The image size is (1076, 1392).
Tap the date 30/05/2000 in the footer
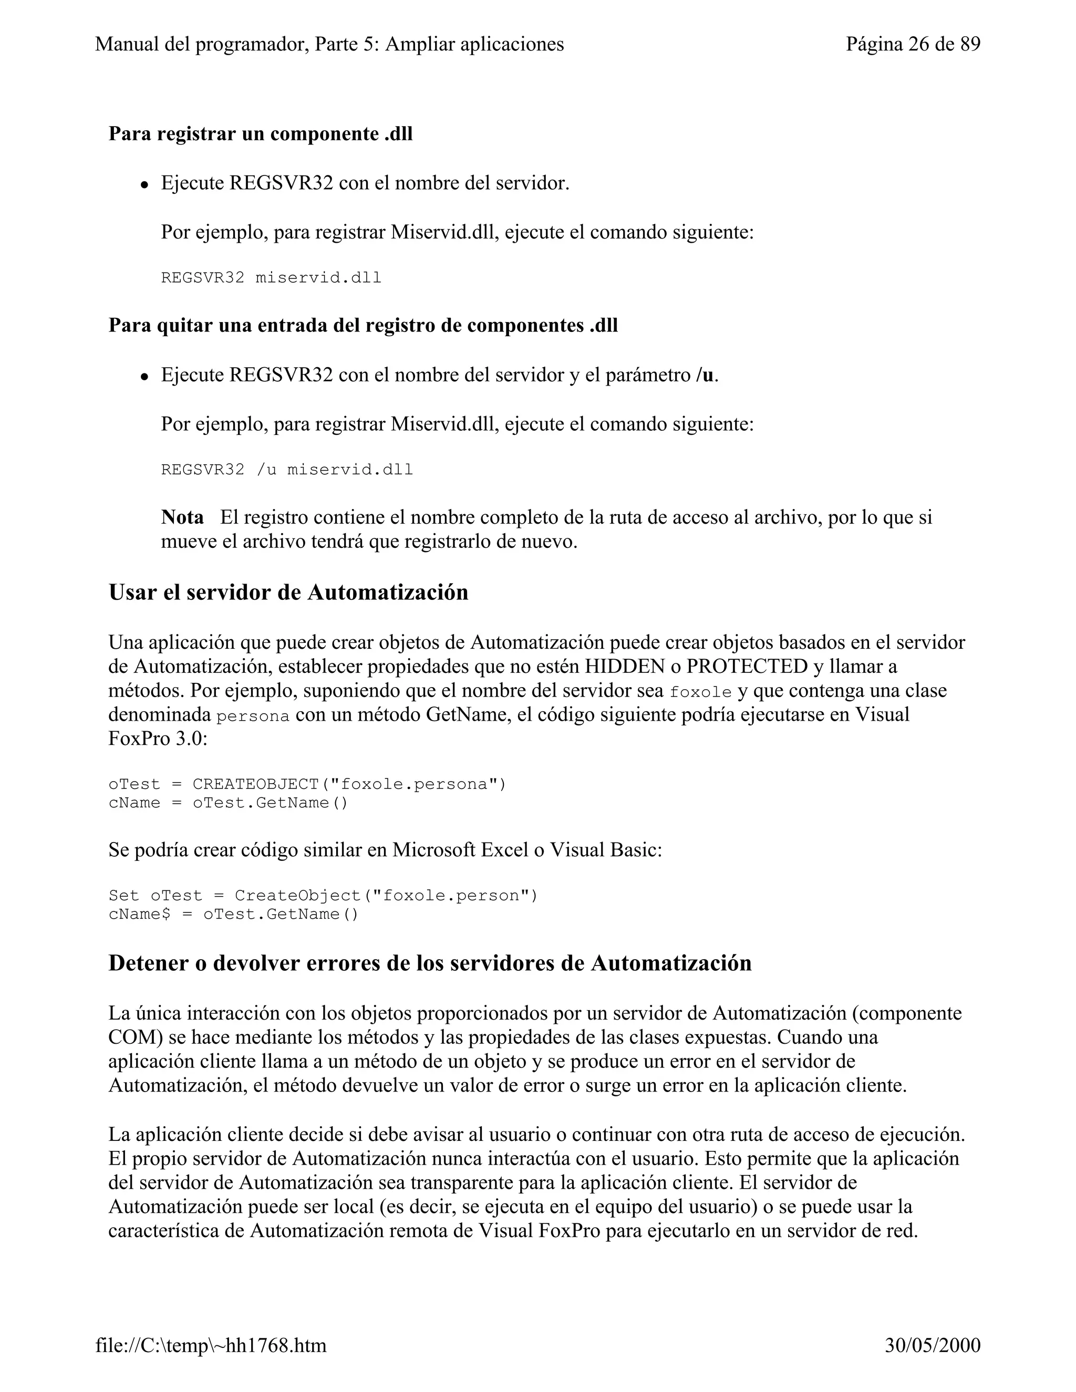tap(932, 1345)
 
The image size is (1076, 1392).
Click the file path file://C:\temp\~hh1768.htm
tap(211, 1345)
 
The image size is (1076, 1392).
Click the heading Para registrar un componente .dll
tap(260, 134)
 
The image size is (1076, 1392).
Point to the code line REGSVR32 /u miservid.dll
tap(287, 470)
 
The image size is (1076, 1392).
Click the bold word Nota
tap(182, 517)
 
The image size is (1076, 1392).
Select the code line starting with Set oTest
tap(323, 896)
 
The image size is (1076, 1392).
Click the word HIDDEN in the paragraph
tap(625, 667)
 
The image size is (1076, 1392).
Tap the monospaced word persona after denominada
tap(253, 716)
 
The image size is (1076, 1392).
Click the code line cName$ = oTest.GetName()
tap(233, 914)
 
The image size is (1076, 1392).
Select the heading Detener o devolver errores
tap(430, 962)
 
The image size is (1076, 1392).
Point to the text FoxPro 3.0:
tap(158, 740)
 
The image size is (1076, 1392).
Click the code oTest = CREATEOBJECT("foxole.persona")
tap(307, 784)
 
